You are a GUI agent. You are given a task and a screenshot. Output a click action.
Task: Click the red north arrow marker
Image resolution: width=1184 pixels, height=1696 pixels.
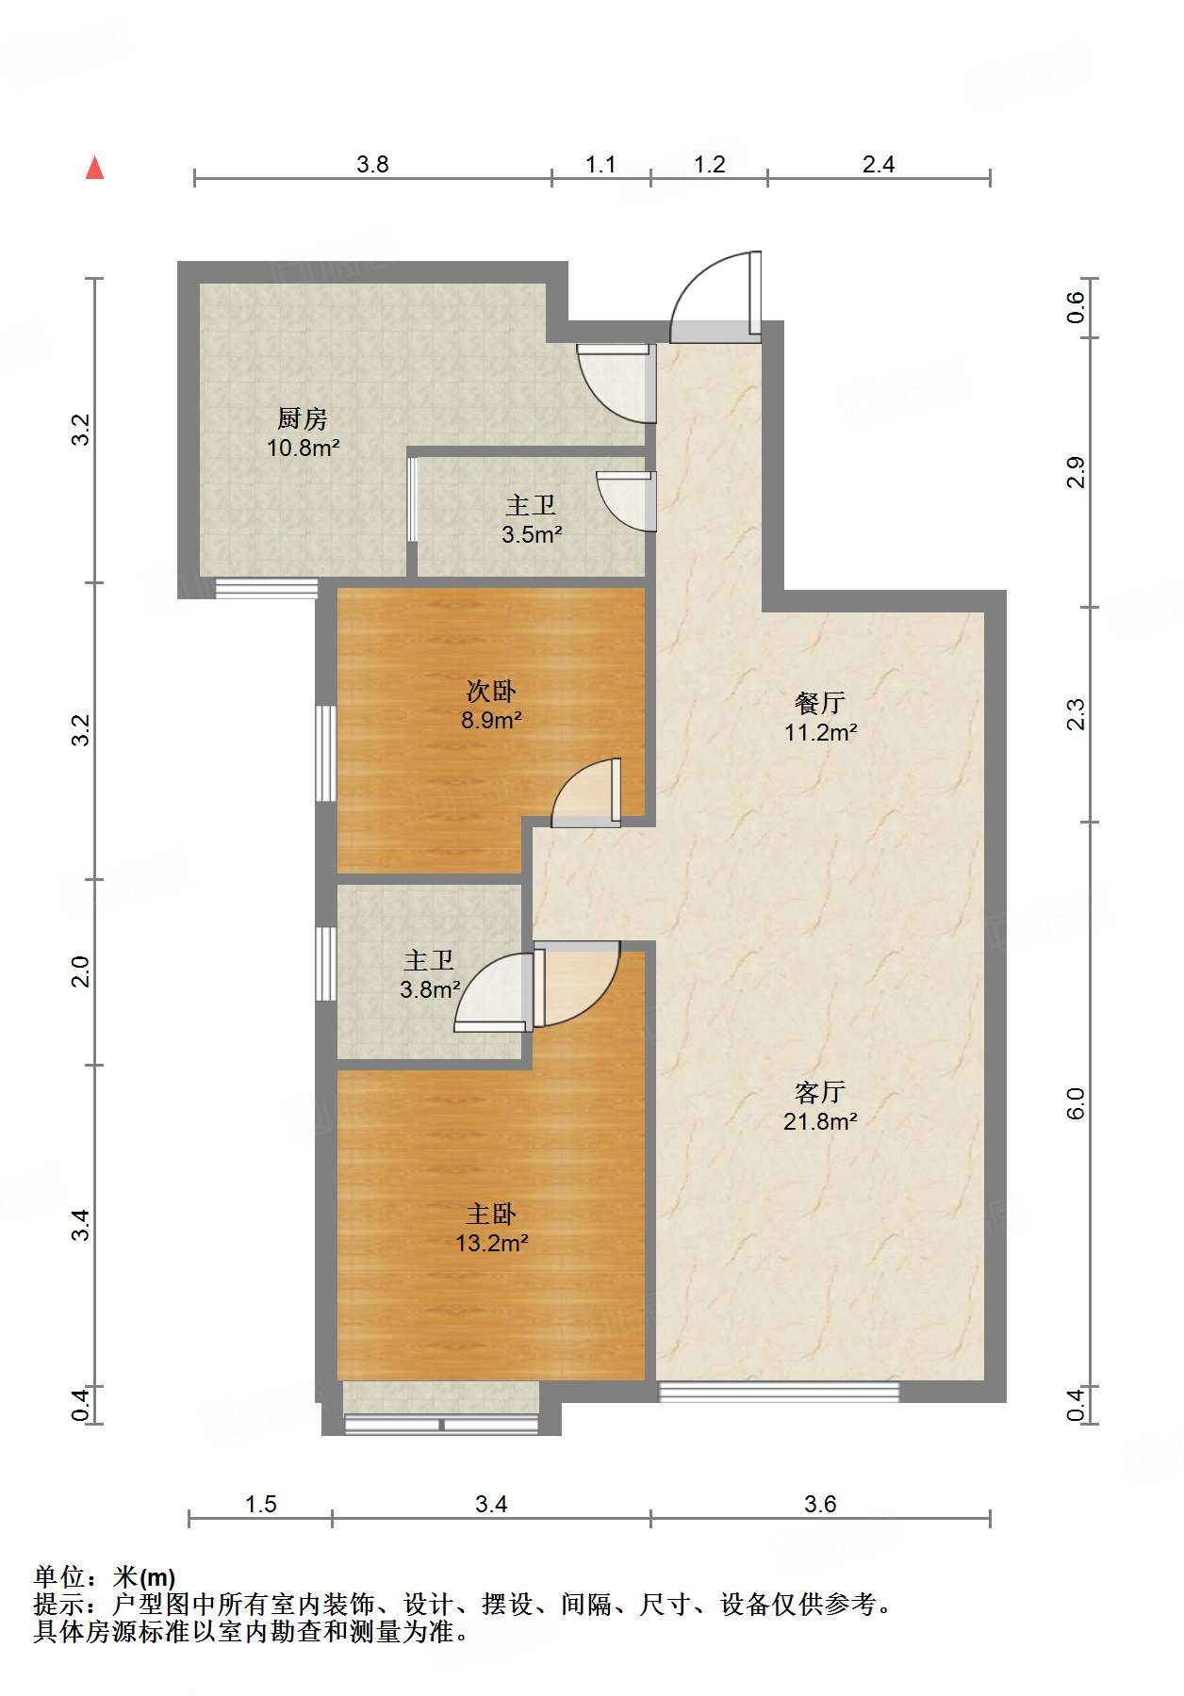click(x=94, y=168)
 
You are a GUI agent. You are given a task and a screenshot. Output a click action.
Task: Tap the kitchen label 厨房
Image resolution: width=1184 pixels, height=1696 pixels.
click(x=303, y=418)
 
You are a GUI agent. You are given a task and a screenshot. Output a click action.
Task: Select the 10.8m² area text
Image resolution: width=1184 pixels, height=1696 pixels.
click(x=303, y=448)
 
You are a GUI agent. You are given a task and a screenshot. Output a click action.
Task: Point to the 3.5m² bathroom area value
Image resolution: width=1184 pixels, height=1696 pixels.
click(x=532, y=535)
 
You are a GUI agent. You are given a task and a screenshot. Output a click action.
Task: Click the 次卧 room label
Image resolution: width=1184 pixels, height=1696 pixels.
click(x=491, y=692)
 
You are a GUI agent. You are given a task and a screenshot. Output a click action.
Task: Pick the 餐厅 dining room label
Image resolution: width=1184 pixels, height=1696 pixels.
click(x=820, y=703)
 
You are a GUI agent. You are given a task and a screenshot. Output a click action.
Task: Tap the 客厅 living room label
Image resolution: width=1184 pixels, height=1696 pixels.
click(x=820, y=1092)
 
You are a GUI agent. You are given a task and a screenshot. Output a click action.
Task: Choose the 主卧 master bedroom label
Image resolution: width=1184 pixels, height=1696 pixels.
click(x=491, y=1214)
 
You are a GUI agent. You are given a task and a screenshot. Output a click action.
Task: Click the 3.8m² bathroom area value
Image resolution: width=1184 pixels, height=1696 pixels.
click(x=430, y=990)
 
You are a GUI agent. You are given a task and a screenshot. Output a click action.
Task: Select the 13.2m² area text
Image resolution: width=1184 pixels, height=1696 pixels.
click(x=491, y=1243)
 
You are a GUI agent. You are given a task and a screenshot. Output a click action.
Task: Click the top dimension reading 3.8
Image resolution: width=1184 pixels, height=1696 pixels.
click(x=372, y=165)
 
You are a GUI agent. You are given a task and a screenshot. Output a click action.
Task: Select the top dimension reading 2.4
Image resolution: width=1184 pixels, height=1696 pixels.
click(x=878, y=165)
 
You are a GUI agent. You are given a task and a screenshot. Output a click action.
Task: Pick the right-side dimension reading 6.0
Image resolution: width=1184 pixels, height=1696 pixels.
click(x=1076, y=1103)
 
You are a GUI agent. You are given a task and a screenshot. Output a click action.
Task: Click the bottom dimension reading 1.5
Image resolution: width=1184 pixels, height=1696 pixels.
click(x=260, y=1504)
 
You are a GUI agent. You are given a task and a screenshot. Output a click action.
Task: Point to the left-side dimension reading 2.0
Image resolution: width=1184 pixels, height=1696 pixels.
click(x=81, y=971)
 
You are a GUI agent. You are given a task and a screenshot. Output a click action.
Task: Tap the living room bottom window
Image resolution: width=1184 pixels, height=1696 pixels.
click(x=778, y=1391)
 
